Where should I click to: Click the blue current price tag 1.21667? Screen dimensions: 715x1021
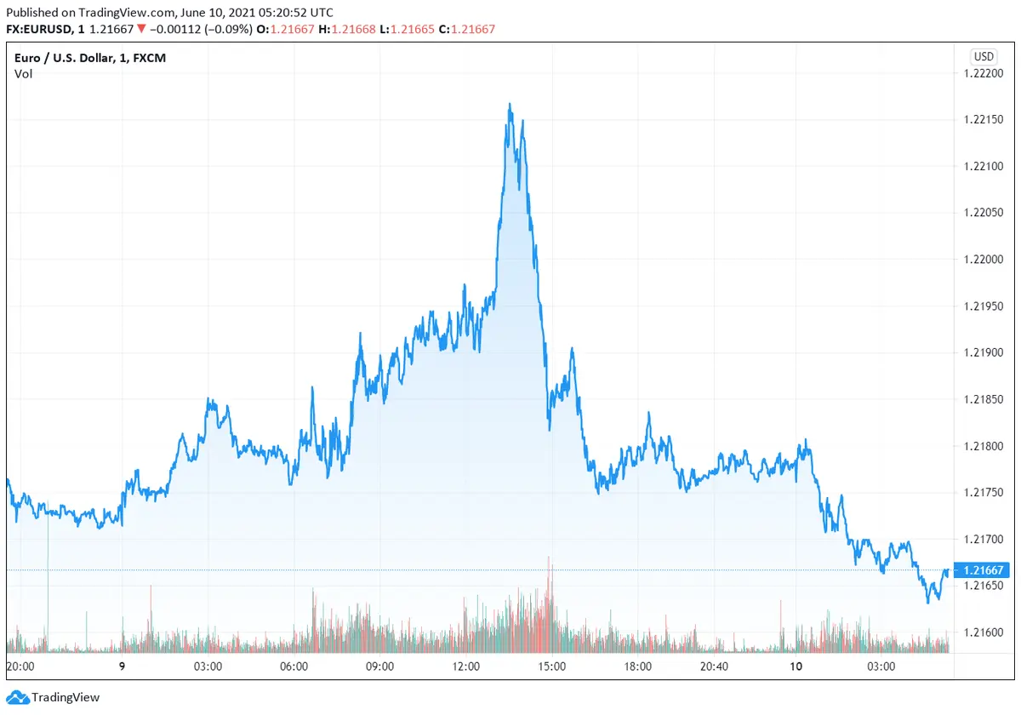click(983, 570)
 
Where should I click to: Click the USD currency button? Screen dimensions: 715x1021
click(984, 57)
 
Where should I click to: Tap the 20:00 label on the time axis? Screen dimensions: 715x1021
click(20, 666)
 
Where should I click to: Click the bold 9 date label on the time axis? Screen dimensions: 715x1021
click(123, 666)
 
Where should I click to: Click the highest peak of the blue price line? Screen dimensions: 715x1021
click(510, 105)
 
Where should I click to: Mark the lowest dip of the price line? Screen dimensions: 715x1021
click(928, 602)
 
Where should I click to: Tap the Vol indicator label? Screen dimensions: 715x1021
click(23, 74)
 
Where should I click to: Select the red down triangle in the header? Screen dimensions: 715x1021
click(141, 29)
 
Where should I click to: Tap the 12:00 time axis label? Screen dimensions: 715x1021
click(466, 666)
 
